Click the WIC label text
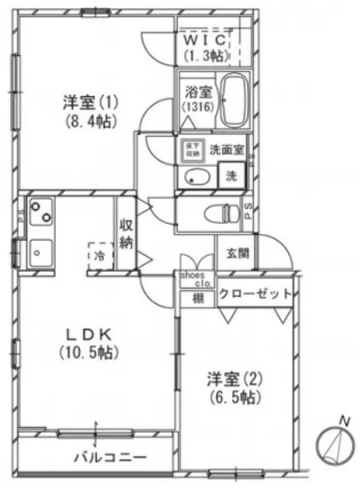pyautogui.click(x=207, y=41)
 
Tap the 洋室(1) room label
pyautogui.click(x=79, y=102)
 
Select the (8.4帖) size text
pyautogui.click(x=79, y=121)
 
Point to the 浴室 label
pyautogui.click(x=196, y=92)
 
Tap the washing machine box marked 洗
pyautogui.click(x=231, y=174)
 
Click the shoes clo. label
pyautogui.click(x=196, y=279)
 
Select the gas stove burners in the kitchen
pyautogui.click(x=40, y=212)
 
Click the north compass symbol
pyautogui.click(x=332, y=442)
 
